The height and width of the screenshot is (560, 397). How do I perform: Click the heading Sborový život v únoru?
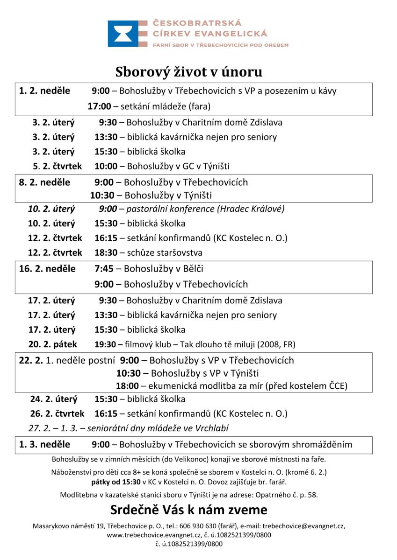click(189, 72)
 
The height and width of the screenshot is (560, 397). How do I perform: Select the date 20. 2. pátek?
click(52, 344)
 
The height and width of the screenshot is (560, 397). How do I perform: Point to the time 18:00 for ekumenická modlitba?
click(127, 386)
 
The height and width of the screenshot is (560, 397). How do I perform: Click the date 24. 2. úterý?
click(54, 399)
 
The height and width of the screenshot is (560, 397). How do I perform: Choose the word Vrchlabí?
click(212, 428)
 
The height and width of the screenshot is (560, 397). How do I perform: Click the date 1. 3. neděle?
click(44, 444)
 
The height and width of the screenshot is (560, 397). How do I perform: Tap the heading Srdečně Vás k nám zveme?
click(189, 509)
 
